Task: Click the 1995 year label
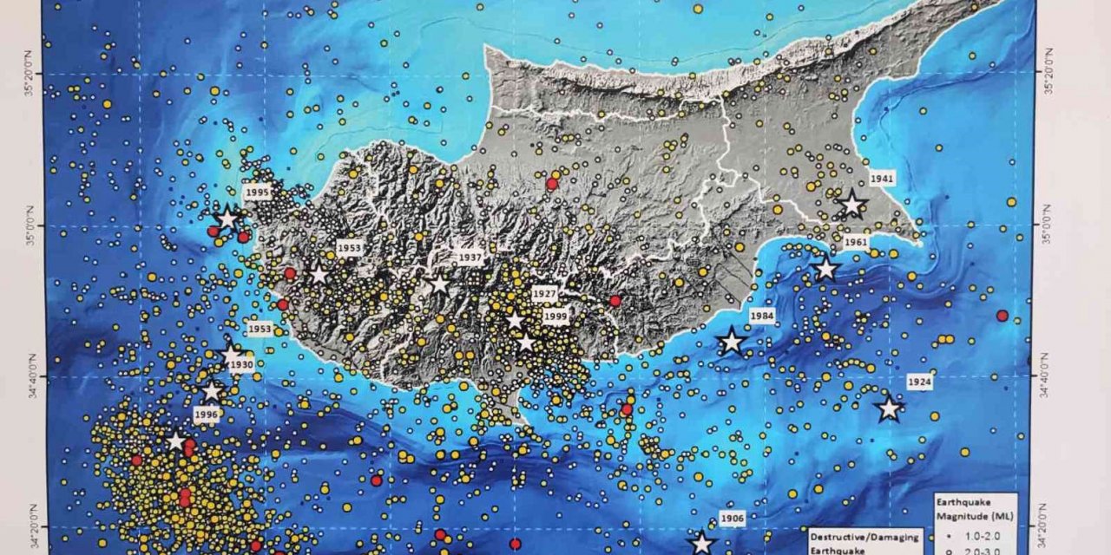coord(258,193)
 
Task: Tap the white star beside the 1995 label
coord(227,218)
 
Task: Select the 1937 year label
coord(470,258)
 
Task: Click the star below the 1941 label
coord(851,205)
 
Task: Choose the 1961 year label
coord(855,243)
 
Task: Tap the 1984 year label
coord(762,316)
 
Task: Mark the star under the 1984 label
coord(732,342)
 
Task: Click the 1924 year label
coord(919,382)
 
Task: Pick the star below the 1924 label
coord(889,408)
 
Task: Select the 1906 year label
coord(732,519)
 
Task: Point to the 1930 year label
coord(241,365)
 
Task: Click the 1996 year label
coord(206,415)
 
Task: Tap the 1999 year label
coord(555,317)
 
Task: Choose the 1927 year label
coord(545,294)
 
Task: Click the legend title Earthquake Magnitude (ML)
coord(975,509)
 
